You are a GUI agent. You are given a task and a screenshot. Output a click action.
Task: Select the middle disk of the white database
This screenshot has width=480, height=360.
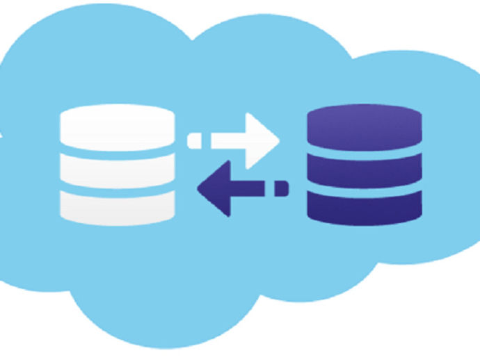[117, 165]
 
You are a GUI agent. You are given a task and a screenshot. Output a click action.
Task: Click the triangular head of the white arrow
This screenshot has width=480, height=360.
[262, 140]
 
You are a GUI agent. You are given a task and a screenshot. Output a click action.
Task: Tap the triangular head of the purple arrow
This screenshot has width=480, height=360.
[214, 188]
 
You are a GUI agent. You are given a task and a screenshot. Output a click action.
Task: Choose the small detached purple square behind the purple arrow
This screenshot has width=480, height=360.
[282, 188]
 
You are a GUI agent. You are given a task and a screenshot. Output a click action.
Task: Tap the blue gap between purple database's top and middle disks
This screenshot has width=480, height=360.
[364, 149]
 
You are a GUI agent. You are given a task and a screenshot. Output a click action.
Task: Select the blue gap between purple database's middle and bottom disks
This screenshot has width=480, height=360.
[364, 186]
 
